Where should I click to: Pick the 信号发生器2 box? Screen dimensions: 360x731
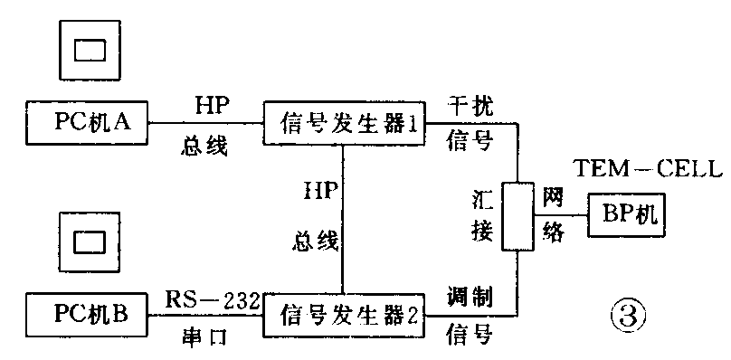345,316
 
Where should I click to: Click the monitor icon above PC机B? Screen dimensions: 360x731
90,241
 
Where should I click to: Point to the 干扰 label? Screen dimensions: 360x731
471,104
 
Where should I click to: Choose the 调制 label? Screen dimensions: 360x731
470,297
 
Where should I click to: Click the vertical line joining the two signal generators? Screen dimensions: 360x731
344,217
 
